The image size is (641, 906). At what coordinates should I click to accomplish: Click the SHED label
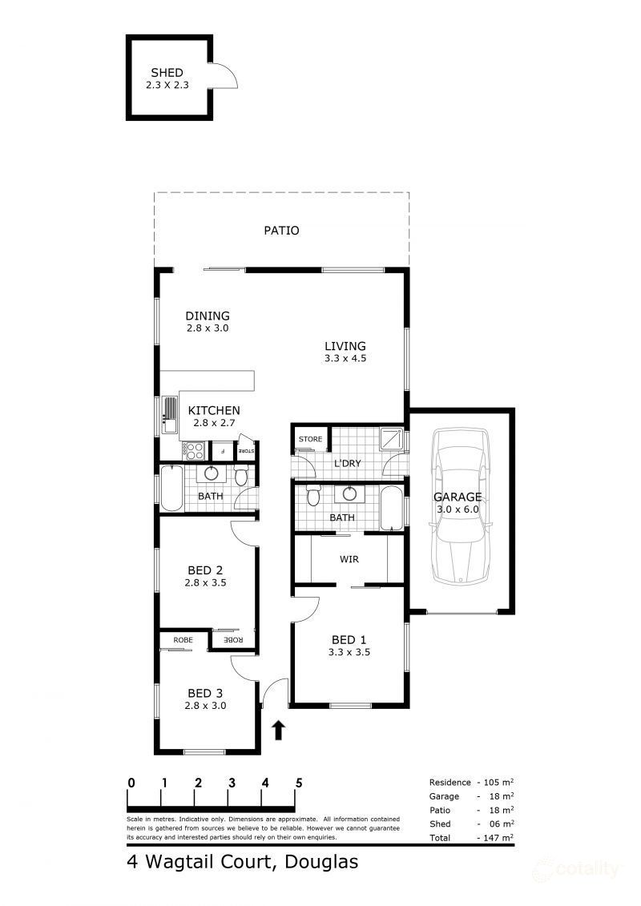pyautogui.click(x=167, y=73)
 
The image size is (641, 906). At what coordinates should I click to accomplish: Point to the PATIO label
pyautogui.click(x=281, y=231)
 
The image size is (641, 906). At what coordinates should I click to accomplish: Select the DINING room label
pyautogui.click(x=208, y=316)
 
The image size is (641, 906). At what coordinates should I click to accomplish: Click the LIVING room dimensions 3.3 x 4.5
pyautogui.click(x=345, y=359)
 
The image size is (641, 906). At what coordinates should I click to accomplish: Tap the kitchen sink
pyautogui.click(x=170, y=415)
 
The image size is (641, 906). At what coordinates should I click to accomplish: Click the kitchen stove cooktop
pyautogui.click(x=195, y=450)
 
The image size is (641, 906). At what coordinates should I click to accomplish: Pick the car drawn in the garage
pyautogui.click(x=460, y=507)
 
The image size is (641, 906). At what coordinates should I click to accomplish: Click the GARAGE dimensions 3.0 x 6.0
pyautogui.click(x=458, y=509)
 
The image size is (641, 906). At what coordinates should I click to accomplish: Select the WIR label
pyautogui.click(x=349, y=559)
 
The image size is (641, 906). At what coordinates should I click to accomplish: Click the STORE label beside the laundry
pyautogui.click(x=310, y=439)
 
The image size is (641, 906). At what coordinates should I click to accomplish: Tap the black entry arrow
pyautogui.click(x=278, y=729)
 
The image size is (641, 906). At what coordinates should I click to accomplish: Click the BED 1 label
pyautogui.click(x=349, y=639)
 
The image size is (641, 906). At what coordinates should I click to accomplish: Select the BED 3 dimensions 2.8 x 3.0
pyautogui.click(x=205, y=706)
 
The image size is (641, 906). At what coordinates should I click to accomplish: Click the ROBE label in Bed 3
pyautogui.click(x=183, y=640)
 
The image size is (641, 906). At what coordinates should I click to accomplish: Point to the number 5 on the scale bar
pyautogui.click(x=299, y=783)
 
